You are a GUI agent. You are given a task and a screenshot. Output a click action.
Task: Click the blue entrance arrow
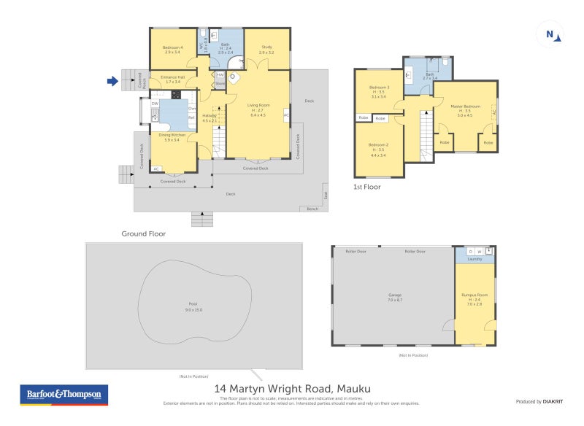(x=112, y=82)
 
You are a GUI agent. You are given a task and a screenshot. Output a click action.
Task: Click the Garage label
(x=395, y=295)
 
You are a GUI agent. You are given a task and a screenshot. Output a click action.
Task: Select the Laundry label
(x=474, y=258)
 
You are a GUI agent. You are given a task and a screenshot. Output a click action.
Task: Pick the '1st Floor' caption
(x=366, y=187)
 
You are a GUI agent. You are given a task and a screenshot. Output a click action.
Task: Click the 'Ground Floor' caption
(x=143, y=234)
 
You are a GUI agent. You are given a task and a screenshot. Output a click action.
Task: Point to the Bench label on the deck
(x=312, y=209)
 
